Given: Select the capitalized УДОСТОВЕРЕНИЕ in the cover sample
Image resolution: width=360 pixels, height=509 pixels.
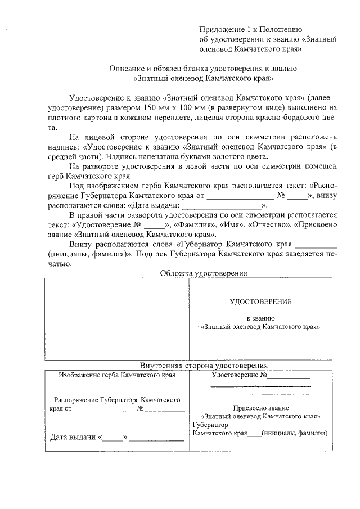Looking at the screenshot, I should tap(260, 301).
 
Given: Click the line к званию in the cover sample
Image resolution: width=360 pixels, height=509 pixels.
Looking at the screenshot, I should tap(259, 318).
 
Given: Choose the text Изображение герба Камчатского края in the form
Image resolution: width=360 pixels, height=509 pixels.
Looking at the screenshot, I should tap(117, 375).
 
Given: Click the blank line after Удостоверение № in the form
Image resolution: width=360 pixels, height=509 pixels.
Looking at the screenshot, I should tap(289, 376).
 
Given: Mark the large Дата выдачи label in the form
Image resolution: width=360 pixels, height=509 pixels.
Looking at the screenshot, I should tap(74, 437).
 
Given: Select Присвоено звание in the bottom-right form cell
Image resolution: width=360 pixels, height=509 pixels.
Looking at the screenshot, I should tap(260, 408).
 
